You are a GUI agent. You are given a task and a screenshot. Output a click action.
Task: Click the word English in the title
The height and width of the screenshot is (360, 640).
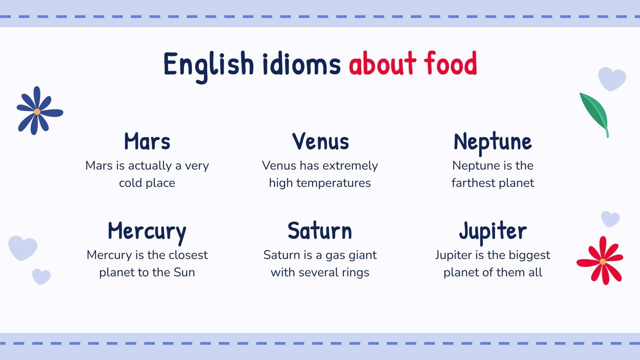point(208,64)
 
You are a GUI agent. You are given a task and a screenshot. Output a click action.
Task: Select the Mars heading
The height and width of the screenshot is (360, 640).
point(147,142)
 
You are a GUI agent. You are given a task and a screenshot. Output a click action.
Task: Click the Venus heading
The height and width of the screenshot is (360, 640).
point(320,142)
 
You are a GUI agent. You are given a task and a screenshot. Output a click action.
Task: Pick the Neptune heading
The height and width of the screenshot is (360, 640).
point(492,142)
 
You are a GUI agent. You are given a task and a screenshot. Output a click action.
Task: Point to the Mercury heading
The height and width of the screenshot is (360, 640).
point(147,232)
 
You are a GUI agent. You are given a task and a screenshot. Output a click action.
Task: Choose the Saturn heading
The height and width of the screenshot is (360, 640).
point(320,231)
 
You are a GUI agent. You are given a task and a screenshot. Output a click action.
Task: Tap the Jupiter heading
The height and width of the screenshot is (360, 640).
point(492,232)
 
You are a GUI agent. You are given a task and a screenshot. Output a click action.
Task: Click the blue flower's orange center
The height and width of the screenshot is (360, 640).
point(37,112)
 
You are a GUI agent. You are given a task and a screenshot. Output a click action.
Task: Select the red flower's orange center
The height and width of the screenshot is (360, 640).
point(602,262)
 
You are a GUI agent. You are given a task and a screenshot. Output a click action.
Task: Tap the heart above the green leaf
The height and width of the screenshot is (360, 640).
point(612,78)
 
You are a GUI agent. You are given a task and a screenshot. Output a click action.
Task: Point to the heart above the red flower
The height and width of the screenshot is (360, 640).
point(610,219)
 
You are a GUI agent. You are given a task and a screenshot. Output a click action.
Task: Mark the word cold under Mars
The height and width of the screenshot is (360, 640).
point(130,183)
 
